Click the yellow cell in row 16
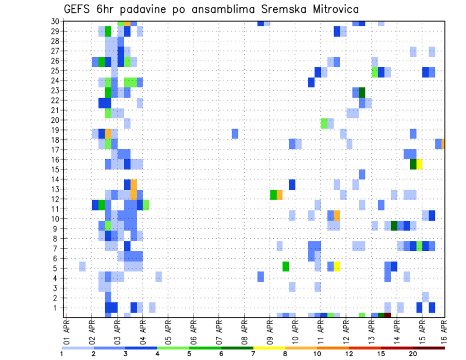pyautogui.click(x=419, y=164)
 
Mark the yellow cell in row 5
pyautogui.click(x=337, y=266)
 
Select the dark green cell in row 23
pyautogui.click(x=362, y=92)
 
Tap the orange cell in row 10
pyautogui.click(x=337, y=215)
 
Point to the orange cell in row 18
pyautogui.click(x=443, y=144)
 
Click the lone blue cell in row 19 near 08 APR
pyautogui.click(x=235, y=133)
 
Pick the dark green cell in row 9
pyautogui.click(x=394, y=226)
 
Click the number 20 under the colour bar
pyautogui.click(x=413, y=354)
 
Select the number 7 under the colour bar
pyautogui.click(x=253, y=354)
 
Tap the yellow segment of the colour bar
pyautogui.click(x=269, y=348)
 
